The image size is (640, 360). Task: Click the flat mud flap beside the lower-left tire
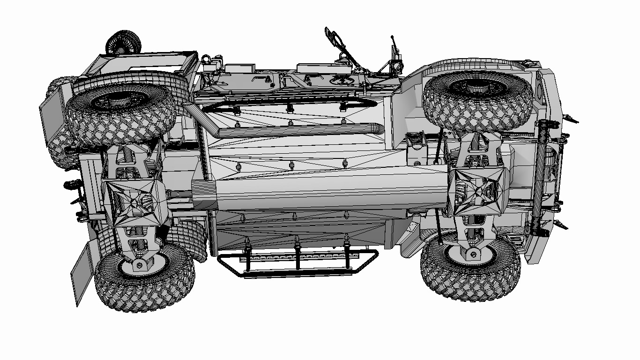pos(82,275)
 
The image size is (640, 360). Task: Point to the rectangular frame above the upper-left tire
pos(141,66)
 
